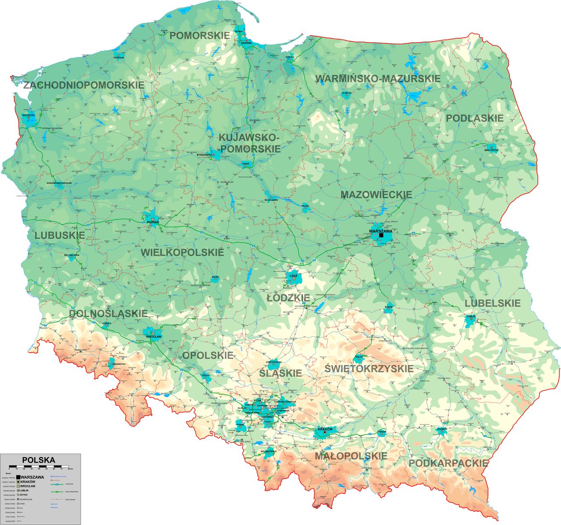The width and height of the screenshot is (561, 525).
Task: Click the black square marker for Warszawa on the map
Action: [381, 235]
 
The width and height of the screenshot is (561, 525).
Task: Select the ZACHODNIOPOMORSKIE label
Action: [84, 85]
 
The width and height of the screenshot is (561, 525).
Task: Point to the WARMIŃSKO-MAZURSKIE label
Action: [378, 79]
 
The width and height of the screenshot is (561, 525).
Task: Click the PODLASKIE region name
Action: [475, 118]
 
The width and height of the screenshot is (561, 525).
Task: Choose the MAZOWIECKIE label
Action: [376, 195]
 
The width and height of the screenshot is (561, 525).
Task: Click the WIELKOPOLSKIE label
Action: [182, 252]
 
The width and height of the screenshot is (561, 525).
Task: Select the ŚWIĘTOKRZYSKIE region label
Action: [369, 369]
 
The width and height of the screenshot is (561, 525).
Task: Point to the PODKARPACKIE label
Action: [448, 463]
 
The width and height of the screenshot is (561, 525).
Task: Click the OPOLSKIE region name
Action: [208, 355]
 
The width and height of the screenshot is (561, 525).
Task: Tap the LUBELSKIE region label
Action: [493, 303]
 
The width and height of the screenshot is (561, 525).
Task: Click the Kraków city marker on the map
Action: [324, 433]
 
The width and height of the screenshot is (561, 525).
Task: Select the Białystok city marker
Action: [491, 148]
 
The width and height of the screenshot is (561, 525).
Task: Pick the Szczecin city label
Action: [28, 115]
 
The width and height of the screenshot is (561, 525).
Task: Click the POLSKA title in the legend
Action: [39, 460]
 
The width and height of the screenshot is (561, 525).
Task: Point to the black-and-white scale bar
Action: [39, 466]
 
